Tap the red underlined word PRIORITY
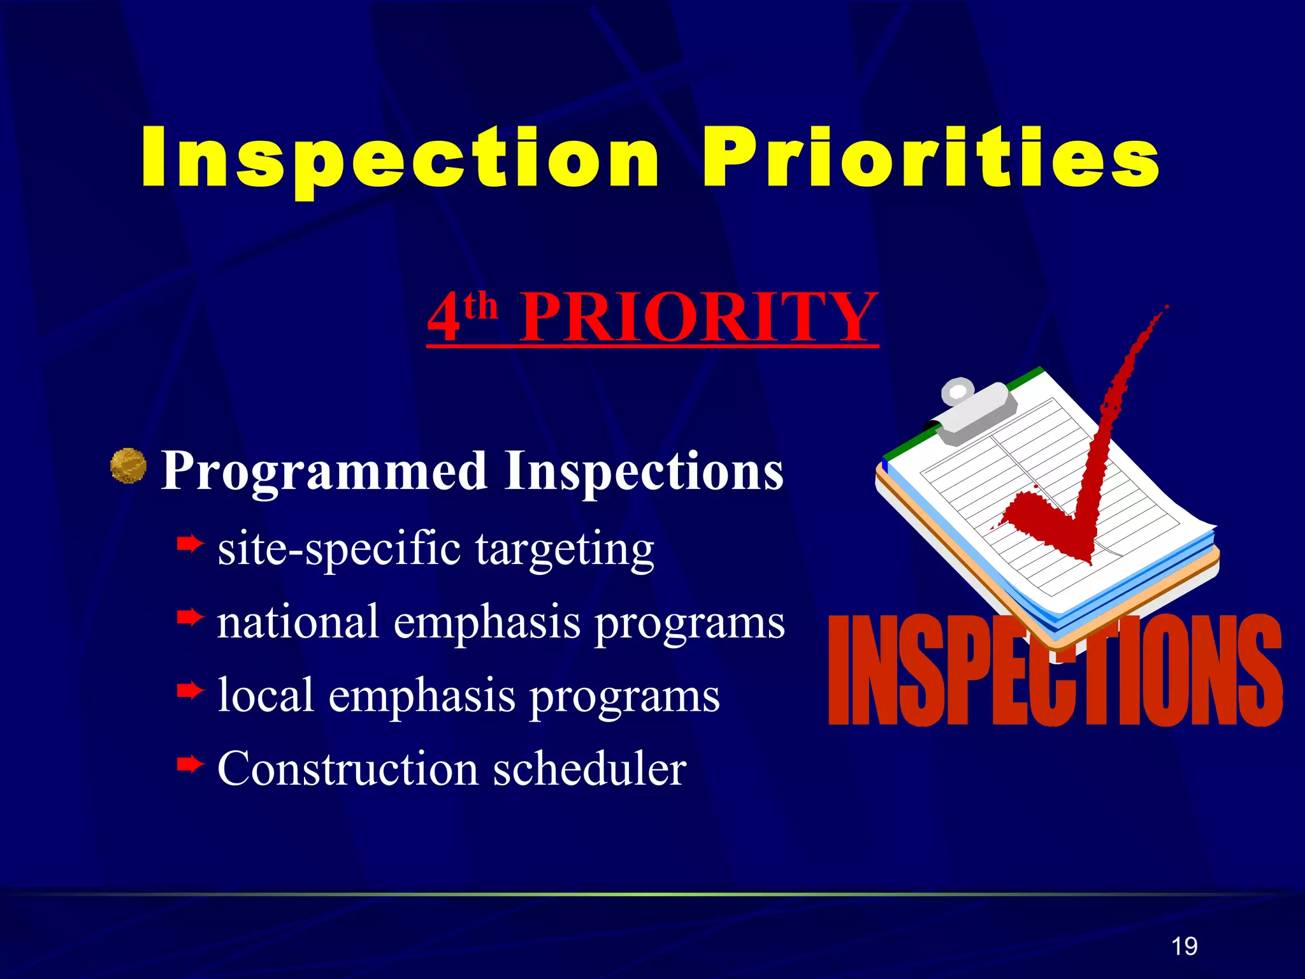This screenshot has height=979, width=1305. coord(699,317)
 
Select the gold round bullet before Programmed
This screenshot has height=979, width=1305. coord(128,466)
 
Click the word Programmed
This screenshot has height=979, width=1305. coord(324,472)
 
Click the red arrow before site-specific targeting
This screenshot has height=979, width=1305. coord(190,544)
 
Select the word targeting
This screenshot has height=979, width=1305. coord(565,549)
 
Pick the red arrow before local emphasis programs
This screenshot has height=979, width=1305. coord(190,690)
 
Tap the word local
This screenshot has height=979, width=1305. coord(266,695)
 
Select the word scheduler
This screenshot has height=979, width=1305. coord(589,769)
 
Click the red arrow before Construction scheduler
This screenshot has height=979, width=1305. coord(190,764)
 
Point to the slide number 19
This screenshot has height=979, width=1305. coord(1184,946)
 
